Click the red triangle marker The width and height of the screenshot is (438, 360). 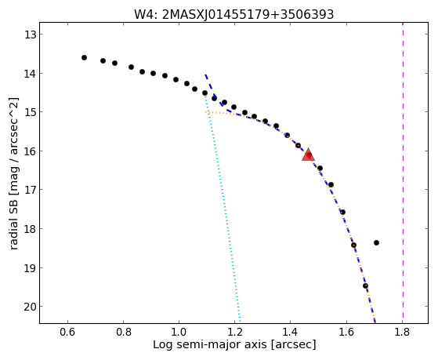309,155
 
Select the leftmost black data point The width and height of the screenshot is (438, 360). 84,57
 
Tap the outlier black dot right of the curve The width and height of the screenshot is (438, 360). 376,242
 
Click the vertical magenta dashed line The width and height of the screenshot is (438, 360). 403,173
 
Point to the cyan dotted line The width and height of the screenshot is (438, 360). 222,207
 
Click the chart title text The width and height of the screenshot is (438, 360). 234,14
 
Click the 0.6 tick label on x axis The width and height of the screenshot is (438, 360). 67,332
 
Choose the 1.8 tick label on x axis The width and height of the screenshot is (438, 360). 402,332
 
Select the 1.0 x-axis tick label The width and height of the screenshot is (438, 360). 179,332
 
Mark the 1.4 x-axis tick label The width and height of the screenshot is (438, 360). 291,332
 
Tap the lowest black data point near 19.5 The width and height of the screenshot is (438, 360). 365,285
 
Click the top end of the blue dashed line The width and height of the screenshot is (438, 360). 205,75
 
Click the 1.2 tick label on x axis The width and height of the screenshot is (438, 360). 234,332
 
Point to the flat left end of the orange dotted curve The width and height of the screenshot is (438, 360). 205,112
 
